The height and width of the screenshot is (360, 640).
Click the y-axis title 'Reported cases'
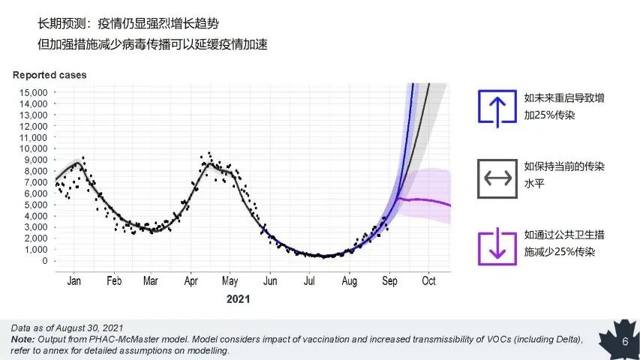tap(50, 75)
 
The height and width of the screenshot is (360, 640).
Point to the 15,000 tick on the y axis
tap(34, 93)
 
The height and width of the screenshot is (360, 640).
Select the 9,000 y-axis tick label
tap(36, 160)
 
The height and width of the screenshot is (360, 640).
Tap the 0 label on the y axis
tap(45, 261)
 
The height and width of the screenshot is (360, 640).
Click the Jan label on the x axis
tap(74, 280)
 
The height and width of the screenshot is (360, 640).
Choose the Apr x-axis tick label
tap(191, 280)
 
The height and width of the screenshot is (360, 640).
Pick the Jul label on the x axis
tap(309, 280)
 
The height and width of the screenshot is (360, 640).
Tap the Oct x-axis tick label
tap(428, 280)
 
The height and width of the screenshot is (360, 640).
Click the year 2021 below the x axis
tap(238, 299)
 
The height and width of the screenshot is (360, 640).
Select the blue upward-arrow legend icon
tap(497, 107)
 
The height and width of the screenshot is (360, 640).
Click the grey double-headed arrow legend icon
tap(497, 178)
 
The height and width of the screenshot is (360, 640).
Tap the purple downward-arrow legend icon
tap(497, 247)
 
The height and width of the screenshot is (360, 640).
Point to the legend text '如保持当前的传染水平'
tap(564, 175)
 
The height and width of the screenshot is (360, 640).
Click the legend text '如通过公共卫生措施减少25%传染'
tap(564, 243)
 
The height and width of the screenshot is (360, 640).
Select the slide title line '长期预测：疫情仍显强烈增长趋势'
tap(128, 24)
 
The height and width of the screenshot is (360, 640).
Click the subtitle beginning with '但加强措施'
tap(152, 44)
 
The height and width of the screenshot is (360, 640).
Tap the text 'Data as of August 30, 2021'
tap(67, 328)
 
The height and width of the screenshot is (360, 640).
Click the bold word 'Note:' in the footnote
tap(23, 339)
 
